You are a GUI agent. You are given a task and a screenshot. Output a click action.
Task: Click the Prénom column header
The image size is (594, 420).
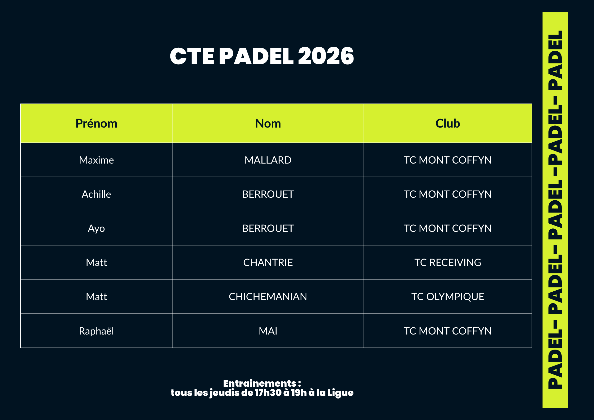pyautogui.click(x=96, y=124)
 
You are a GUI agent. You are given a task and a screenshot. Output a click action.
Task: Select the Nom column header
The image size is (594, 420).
pyautogui.click(x=268, y=124)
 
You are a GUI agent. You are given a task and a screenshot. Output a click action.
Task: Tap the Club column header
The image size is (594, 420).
pyautogui.click(x=448, y=123)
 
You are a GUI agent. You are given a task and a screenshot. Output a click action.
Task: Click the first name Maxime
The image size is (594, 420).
pyautogui.click(x=96, y=160)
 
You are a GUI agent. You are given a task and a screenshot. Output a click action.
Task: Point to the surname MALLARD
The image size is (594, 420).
pyautogui.click(x=268, y=160)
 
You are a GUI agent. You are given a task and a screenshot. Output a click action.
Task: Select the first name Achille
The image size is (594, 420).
pyautogui.click(x=96, y=194)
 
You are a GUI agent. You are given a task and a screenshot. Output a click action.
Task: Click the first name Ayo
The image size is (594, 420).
pyautogui.click(x=96, y=229)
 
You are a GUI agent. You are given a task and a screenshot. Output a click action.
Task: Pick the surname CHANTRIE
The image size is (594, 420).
pyautogui.click(x=268, y=263)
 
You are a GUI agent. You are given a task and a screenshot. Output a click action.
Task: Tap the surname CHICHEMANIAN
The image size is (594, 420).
pyautogui.click(x=268, y=297)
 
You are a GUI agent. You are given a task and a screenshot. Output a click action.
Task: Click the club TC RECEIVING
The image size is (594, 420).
pyautogui.click(x=448, y=263)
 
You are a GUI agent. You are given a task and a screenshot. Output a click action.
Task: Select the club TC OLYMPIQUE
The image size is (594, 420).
pyautogui.click(x=448, y=297)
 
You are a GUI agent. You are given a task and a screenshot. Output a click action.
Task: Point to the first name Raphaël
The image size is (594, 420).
pyautogui.click(x=96, y=331)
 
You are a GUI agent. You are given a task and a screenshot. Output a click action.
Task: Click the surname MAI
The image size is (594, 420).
pyautogui.click(x=268, y=331)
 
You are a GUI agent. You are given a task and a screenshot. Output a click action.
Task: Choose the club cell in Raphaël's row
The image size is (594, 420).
pyautogui.click(x=448, y=331)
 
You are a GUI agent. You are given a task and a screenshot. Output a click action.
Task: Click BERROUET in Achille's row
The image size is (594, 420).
pyautogui.click(x=268, y=194)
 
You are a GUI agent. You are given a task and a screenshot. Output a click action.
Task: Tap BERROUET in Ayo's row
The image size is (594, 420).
pyautogui.click(x=268, y=228)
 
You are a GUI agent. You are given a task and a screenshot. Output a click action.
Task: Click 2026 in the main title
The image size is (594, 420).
pyautogui.click(x=326, y=56)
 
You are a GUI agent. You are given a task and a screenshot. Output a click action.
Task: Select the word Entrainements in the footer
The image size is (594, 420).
pyautogui.click(x=260, y=383)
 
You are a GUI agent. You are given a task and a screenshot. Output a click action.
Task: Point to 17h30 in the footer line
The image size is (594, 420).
pyautogui.click(x=268, y=393)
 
